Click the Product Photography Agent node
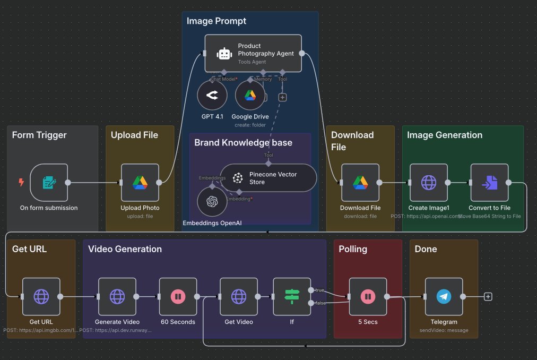pyautogui.click(x=253, y=54)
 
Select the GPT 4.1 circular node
pyautogui.click(x=212, y=96)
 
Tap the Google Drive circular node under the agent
pyautogui.click(x=250, y=96)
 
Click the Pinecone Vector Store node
pyautogui.click(x=268, y=178)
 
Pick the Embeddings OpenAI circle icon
pyautogui.click(x=212, y=201)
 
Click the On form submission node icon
pyautogui.click(x=49, y=183)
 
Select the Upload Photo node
pyautogui.click(x=140, y=183)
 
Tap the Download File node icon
pyautogui.click(x=360, y=183)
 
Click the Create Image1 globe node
pyautogui.click(x=429, y=183)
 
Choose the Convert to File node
pyautogui.click(x=489, y=183)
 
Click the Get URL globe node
pyautogui.click(x=41, y=297)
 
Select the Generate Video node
pyautogui.click(x=117, y=297)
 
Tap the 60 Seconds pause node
pyautogui.click(x=178, y=297)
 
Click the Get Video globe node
pyautogui.click(x=239, y=297)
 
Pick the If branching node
pyautogui.click(x=292, y=297)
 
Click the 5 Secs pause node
pyautogui.click(x=368, y=297)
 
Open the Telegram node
pyautogui.click(x=444, y=297)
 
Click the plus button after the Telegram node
pyautogui.click(x=488, y=297)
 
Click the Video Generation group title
pyautogui.click(x=125, y=249)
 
